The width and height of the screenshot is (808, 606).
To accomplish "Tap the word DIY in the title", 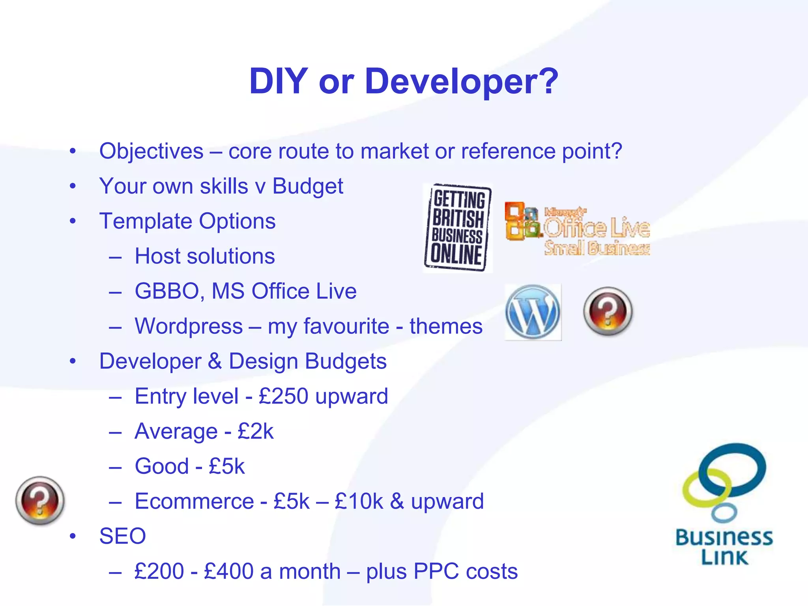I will coord(278,82).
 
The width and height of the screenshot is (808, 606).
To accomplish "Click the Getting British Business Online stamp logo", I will coord(458,228).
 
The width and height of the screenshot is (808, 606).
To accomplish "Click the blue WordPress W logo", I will coord(533,312).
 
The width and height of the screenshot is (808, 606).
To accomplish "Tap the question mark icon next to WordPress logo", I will coord(608,311).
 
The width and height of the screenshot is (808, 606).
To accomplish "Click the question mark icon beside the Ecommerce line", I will coord(40,501).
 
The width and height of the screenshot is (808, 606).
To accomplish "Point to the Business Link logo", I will coord(724,505).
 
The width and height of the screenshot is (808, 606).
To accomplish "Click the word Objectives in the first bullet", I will coord(151,151).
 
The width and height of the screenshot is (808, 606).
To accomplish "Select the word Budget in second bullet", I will coord(307,186).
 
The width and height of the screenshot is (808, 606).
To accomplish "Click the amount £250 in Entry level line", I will coord(283,396).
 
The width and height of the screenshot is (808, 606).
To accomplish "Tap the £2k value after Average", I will coord(255,431).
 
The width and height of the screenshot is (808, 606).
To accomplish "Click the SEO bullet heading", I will coord(122,536).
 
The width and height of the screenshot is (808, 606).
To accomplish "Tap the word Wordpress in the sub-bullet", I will coord(189,326).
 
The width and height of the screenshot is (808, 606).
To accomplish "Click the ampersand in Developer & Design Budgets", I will coord(215,361).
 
